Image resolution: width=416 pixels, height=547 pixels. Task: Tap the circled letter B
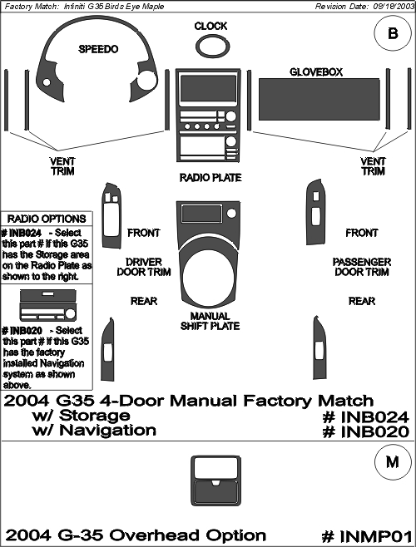click(x=393, y=34)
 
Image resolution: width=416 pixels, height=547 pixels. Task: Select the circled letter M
click(x=393, y=462)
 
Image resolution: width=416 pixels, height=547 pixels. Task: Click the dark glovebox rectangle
click(x=319, y=100)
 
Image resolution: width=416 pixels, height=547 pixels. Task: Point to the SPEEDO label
click(x=98, y=49)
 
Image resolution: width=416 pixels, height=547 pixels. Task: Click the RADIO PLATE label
click(x=210, y=178)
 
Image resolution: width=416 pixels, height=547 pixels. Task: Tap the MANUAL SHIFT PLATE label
click(x=210, y=321)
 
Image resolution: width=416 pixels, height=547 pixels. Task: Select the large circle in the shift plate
click(x=208, y=275)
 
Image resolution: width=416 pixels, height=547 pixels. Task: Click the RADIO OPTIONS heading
click(x=47, y=219)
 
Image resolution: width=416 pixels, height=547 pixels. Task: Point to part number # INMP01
click(x=366, y=536)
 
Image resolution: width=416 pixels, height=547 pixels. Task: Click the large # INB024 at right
click(x=365, y=417)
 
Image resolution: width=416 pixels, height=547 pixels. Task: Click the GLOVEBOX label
click(x=316, y=71)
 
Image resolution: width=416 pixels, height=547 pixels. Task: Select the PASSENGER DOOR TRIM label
click(x=362, y=267)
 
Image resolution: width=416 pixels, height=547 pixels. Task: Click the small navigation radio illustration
click(x=48, y=305)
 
